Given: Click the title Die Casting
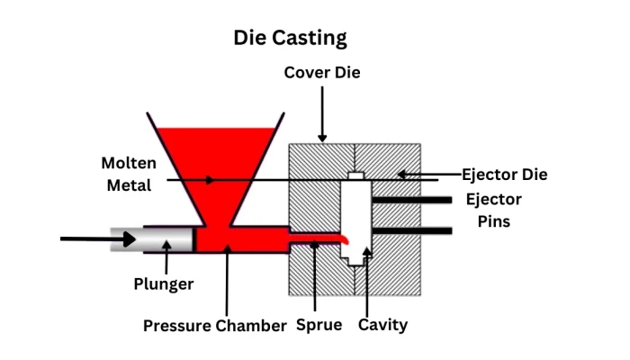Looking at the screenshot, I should (x=290, y=38).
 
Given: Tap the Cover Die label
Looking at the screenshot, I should (x=322, y=72).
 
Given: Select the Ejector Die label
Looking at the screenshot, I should (x=505, y=174).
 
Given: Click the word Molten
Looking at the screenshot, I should (x=129, y=164).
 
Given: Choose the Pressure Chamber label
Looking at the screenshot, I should (x=214, y=325).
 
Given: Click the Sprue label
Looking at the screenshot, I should (x=319, y=325).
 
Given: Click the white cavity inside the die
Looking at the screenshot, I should (x=357, y=216).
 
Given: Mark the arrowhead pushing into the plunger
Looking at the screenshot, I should (x=131, y=239).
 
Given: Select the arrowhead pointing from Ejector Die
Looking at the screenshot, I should (x=402, y=174).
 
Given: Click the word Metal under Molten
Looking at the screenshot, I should (x=126, y=186).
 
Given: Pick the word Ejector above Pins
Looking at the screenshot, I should (x=493, y=199).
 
